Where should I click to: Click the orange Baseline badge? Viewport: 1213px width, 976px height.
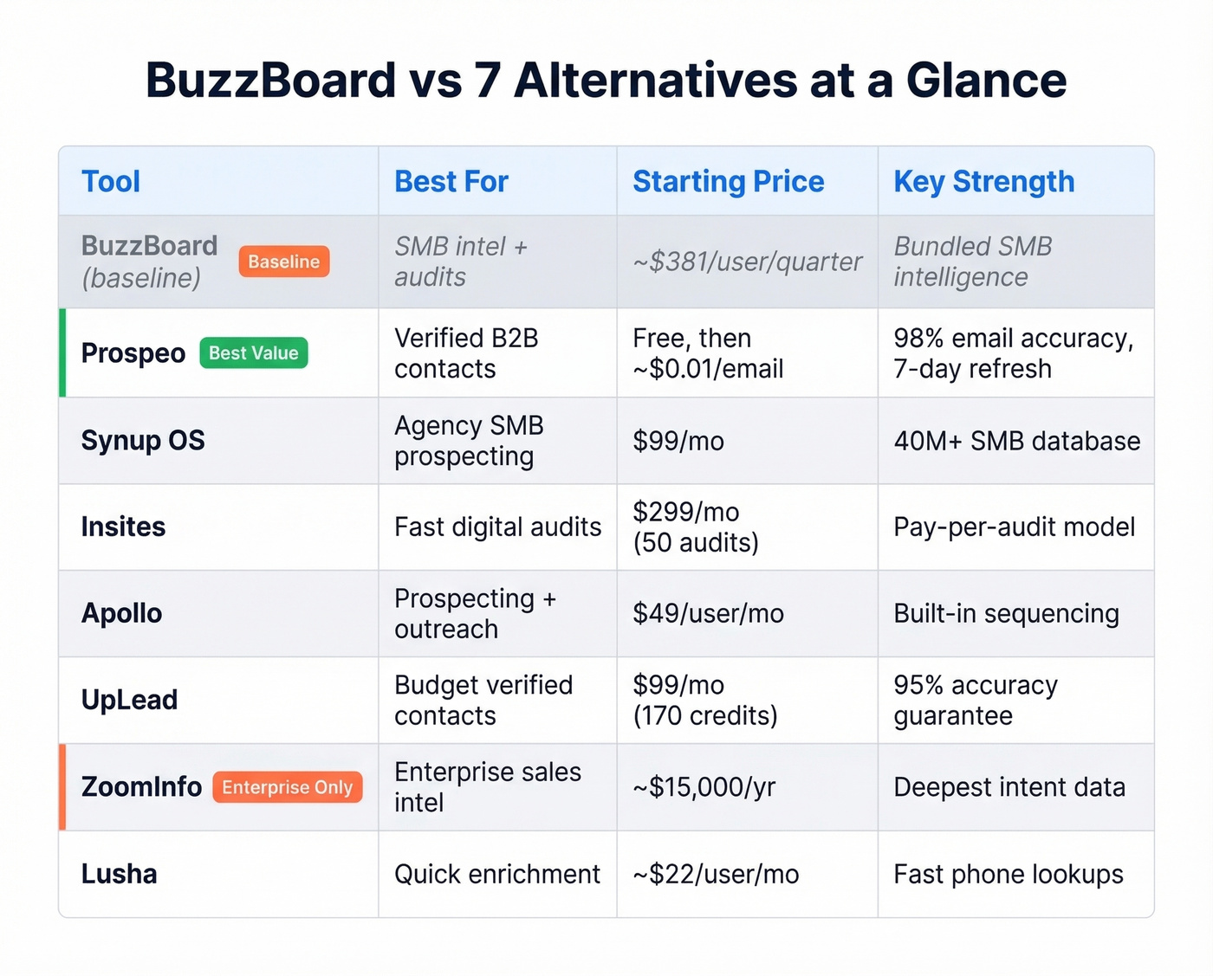click(x=284, y=262)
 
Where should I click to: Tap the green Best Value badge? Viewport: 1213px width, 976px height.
click(x=253, y=353)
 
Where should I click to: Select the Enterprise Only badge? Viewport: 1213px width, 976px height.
click(x=287, y=787)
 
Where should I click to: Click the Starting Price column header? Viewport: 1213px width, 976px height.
click(x=728, y=182)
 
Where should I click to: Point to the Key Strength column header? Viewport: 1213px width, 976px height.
click(x=983, y=182)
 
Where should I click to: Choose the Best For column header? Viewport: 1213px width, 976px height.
click(x=451, y=182)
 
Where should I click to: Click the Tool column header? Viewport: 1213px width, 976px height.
click(x=111, y=182)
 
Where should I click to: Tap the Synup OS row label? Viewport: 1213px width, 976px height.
click(x=143, y=441)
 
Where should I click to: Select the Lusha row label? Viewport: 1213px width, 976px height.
click(x=120, y=874)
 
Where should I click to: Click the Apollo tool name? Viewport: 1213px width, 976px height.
click(x=121, y=613)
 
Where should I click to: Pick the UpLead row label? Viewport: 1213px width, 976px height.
click(x=129, y=700)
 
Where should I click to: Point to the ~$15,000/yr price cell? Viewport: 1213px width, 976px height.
click(x=704, y=787)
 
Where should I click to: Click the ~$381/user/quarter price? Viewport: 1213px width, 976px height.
click(x=747, y=262)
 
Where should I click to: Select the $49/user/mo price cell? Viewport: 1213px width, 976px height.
click(x=708, y=613)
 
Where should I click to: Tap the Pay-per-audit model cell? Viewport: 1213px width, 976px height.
click(x=1014, y=527)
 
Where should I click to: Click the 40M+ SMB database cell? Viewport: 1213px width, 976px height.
click(x=1016, y=441)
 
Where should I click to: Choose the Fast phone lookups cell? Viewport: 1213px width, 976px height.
click(x=1008, y=874)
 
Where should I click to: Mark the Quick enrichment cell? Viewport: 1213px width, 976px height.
click(x=496, y=874)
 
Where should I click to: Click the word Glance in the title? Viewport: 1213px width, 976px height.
click(x=986, y=81)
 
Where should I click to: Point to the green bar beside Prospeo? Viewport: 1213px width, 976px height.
click(x=62, y=353)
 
